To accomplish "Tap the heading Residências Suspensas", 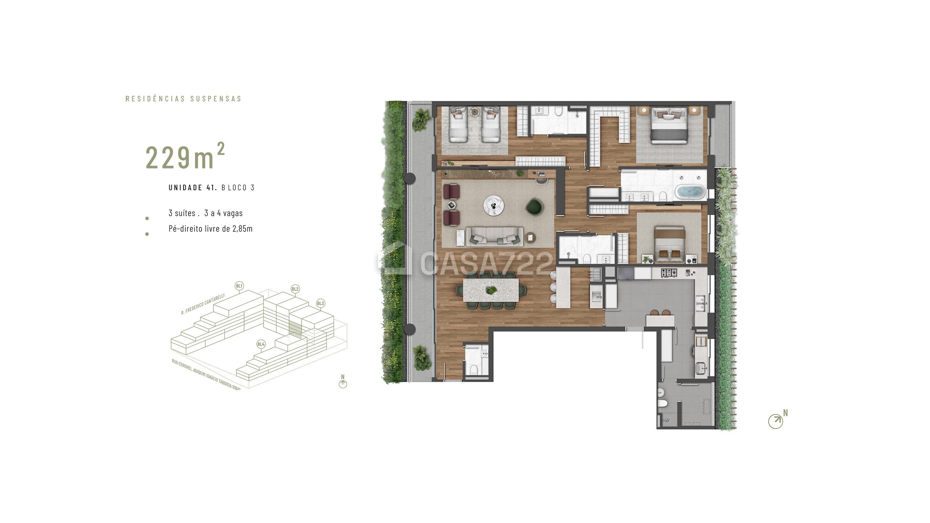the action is point(183,99).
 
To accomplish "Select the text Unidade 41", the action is point(193,188).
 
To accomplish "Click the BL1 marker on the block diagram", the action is point(239,286).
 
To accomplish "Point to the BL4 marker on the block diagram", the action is point(261,344).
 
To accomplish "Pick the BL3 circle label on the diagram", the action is point(320,303).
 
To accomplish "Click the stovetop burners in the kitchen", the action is point(669,272).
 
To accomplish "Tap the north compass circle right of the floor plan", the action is point(775,421).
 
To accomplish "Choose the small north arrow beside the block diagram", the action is point(343,384).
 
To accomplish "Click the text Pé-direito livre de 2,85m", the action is point(210,229).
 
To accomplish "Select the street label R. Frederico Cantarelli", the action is point(203,304).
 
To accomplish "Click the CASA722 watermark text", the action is point(487,263).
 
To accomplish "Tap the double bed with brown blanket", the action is point(670,243).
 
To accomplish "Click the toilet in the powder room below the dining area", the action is point(473,370).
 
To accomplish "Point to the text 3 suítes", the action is point(182,213).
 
